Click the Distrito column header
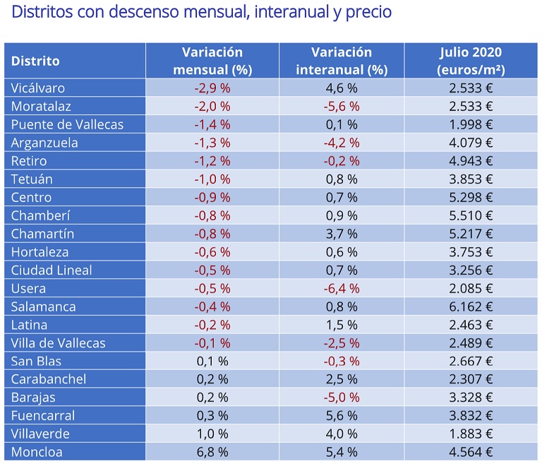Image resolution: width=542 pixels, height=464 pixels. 35,61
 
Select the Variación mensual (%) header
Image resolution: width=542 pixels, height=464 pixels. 212,61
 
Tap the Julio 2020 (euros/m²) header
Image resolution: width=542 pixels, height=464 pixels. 470,61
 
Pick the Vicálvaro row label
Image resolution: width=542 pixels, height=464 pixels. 38,88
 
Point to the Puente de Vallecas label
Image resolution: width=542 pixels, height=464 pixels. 67,124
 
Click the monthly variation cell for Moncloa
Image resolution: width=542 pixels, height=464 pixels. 212,451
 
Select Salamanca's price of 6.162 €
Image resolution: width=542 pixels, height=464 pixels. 470,307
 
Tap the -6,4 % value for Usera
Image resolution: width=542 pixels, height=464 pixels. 342,288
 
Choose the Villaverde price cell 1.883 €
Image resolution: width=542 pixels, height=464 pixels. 470,434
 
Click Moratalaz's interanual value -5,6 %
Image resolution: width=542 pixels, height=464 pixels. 342,106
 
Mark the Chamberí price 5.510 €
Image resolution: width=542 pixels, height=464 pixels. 470,215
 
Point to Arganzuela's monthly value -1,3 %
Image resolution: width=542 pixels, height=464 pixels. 212,143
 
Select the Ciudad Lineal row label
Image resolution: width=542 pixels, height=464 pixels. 52,270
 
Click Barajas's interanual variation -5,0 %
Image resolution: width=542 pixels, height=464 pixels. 342,397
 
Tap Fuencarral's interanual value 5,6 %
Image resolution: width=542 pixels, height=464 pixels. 342,415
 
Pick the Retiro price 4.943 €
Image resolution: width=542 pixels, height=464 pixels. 470,161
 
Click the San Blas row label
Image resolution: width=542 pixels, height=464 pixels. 35,361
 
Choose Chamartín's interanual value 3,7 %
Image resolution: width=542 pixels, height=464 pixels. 342,234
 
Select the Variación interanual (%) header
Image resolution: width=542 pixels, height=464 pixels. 342,61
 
